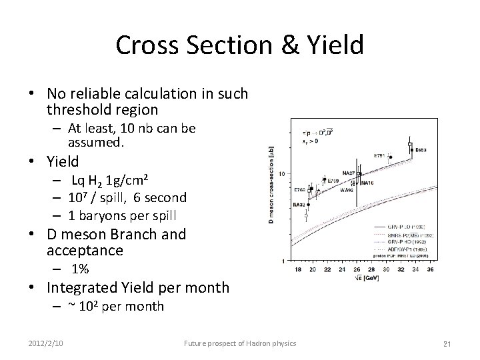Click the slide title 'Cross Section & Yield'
[239, 45]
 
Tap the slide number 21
[449, 343]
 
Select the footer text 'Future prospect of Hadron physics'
[240, 343]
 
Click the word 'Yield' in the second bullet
[63, 161]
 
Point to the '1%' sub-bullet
[81, 269]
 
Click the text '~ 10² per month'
[115, 306]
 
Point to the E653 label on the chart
[421, 150]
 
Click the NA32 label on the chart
[297, 205]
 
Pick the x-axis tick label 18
[296, 269]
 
